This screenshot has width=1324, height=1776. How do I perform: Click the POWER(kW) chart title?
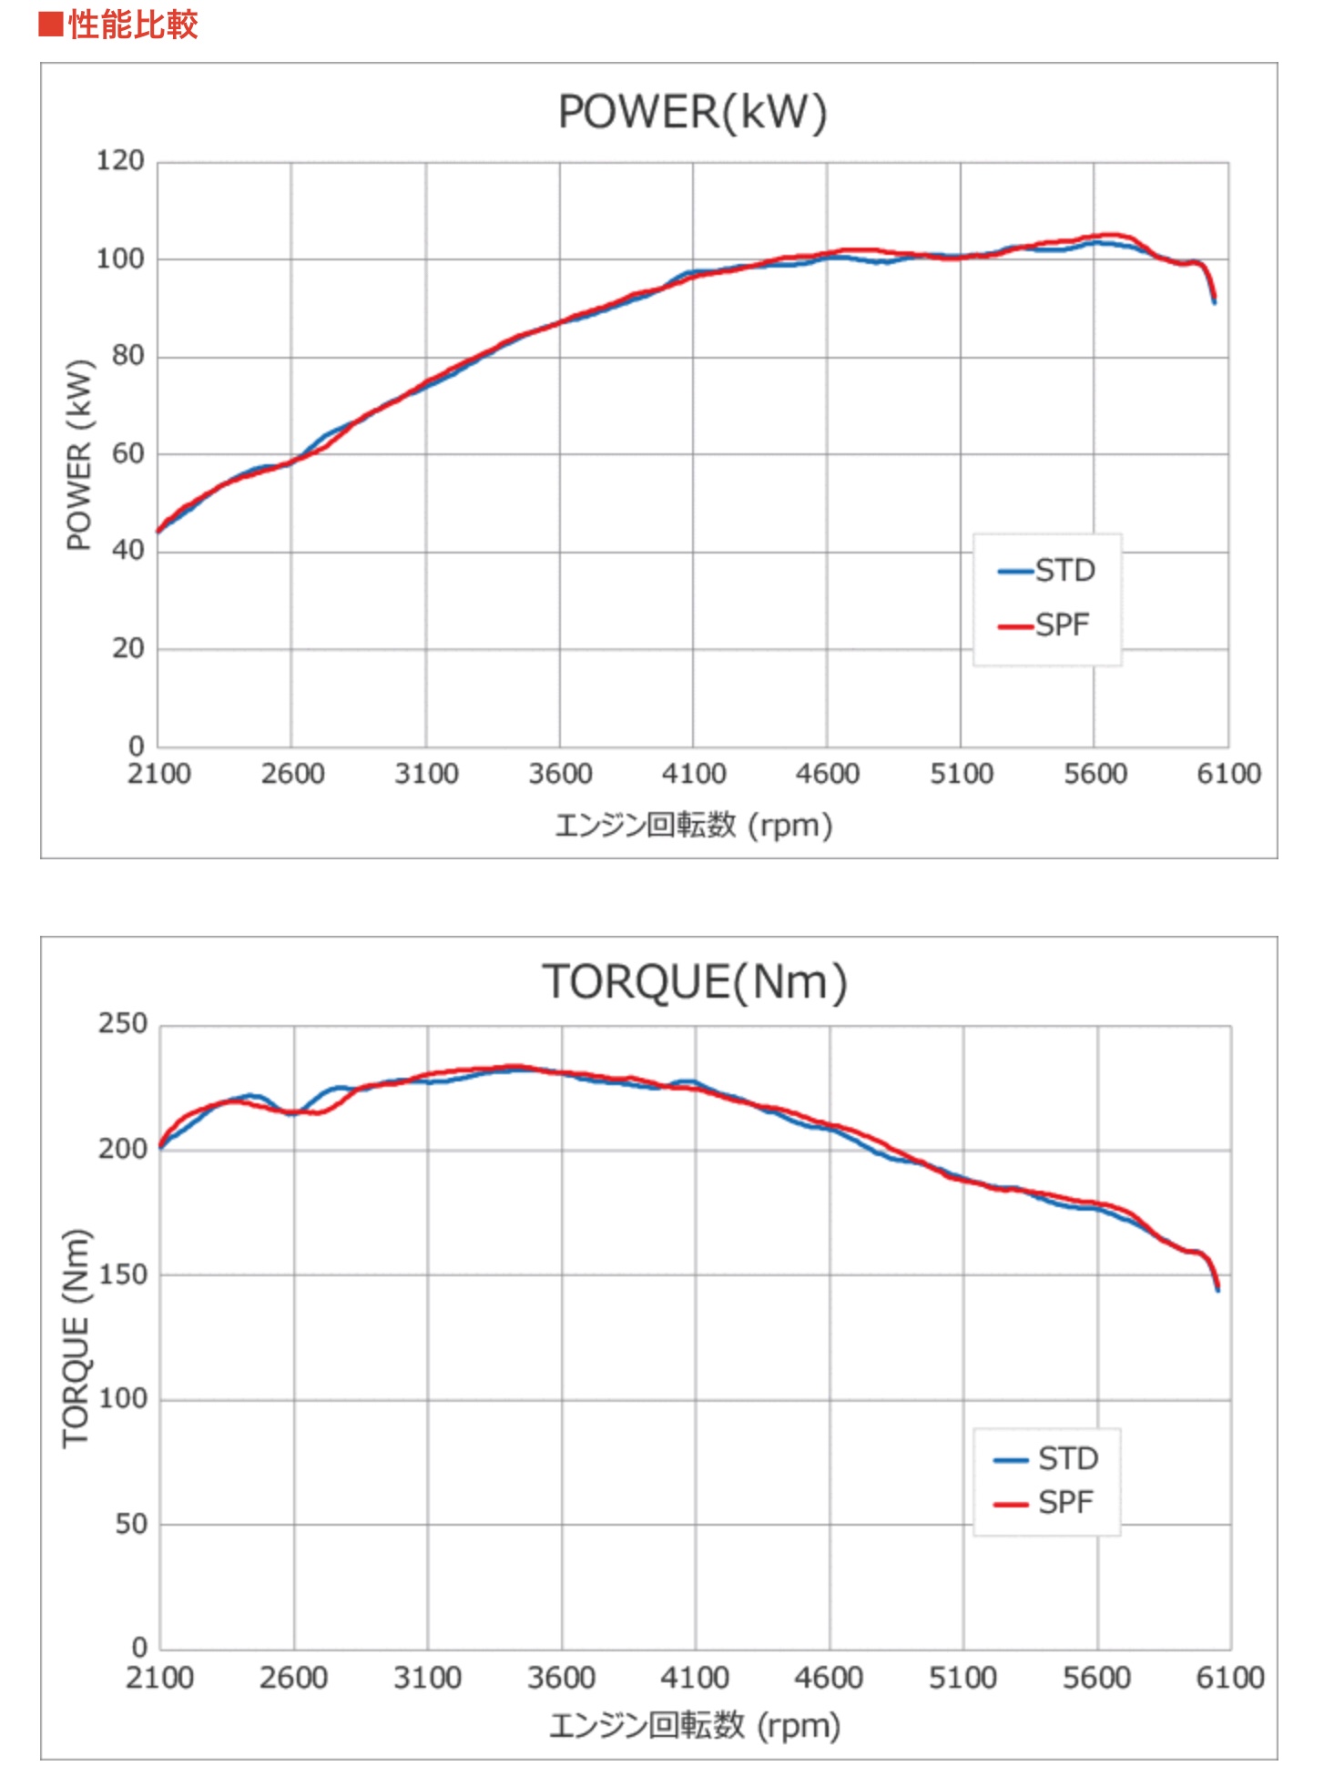692,113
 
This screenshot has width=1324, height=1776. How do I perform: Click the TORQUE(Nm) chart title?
695,983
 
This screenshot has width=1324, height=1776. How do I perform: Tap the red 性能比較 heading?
119,25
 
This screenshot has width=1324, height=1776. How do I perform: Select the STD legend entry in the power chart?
1047,571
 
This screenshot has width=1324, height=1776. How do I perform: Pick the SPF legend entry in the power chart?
1044,625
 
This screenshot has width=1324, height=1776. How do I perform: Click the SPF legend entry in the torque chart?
1044,1502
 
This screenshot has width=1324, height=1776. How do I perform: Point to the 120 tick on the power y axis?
120,161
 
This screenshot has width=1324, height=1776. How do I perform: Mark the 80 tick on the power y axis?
127,356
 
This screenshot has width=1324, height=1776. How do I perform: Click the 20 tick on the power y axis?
127,649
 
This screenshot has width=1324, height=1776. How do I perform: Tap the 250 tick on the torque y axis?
122,1024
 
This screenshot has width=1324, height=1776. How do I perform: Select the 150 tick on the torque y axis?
122,1274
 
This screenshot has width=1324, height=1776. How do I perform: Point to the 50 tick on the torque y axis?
130,1524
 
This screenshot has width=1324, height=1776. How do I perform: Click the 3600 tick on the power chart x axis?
560,775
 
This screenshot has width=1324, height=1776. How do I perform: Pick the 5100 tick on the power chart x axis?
962,775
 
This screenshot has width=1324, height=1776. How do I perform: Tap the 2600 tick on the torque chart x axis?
293,1678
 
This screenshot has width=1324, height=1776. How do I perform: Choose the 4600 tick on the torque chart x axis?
829,1678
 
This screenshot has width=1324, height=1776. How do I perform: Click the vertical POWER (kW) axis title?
80,455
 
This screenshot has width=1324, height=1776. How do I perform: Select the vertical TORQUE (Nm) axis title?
76,1338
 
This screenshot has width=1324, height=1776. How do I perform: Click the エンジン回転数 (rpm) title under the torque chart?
694,1726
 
